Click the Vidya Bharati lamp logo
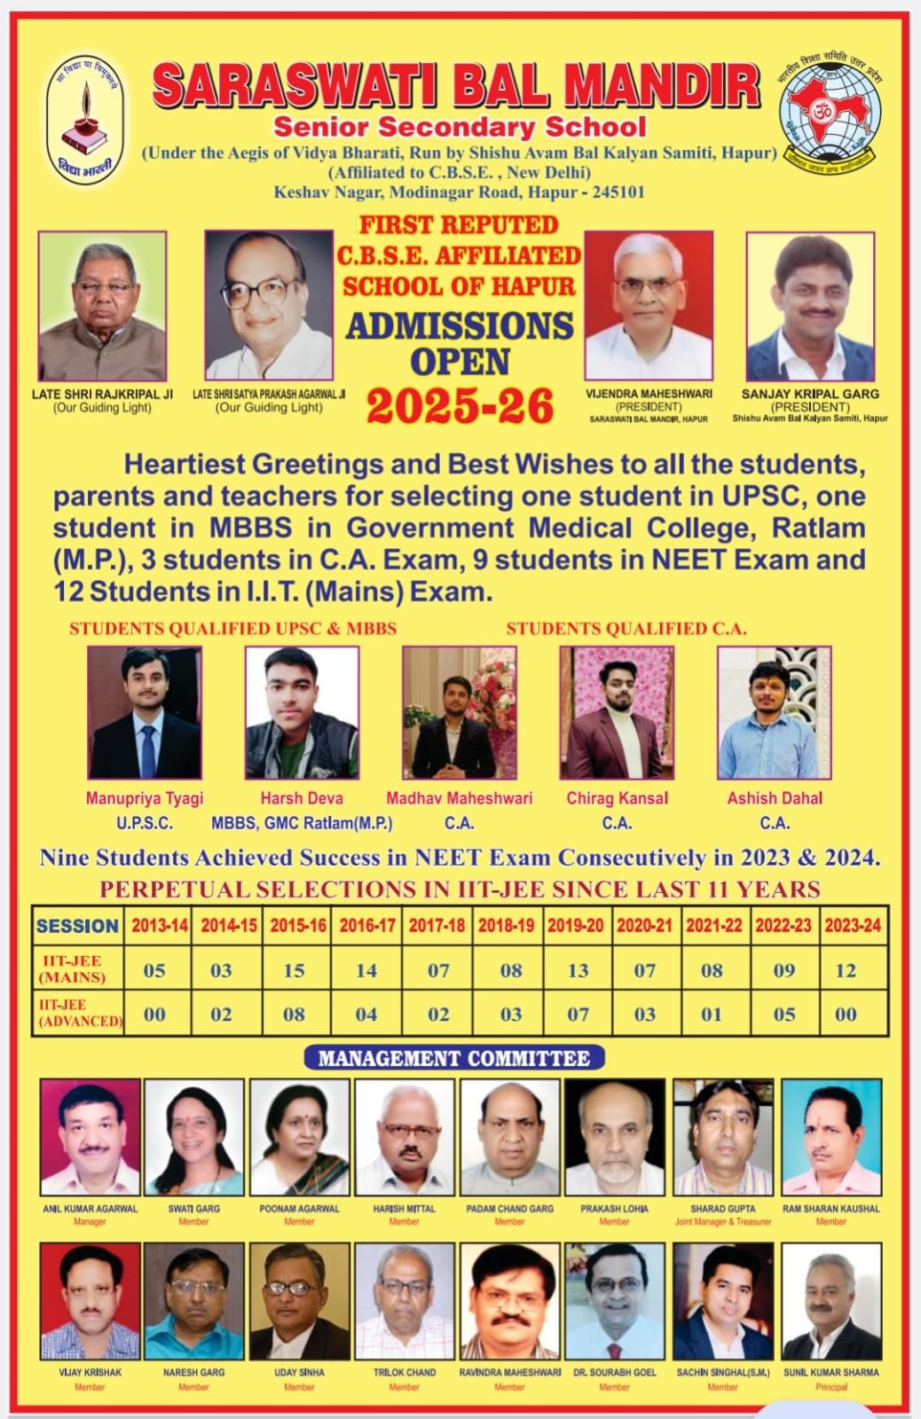tap(86, 120)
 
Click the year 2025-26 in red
tap(460, 406)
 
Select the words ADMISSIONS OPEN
tap(460, 343)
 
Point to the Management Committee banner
tap(453, 1058)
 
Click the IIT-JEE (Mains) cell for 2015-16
tap(295, 970)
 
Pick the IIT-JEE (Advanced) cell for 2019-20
tap(578, 1014)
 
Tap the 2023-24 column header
tap(852, 925)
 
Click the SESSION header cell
tap(77, 926)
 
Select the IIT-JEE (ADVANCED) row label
tap(78, 1014)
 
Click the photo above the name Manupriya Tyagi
tap(145, 713)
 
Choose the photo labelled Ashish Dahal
tap(774, 713)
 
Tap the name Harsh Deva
tap(302, 798)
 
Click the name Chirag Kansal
tap(617, 798)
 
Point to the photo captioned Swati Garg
tap(193, 1137)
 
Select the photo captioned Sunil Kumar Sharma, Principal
tap(831, 1301)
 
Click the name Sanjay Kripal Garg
tap(810, 394)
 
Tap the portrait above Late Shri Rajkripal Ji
tap(102, 306)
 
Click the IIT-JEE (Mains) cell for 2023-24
tap(846, 970)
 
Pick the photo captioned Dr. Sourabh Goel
tap(614, 1301)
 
